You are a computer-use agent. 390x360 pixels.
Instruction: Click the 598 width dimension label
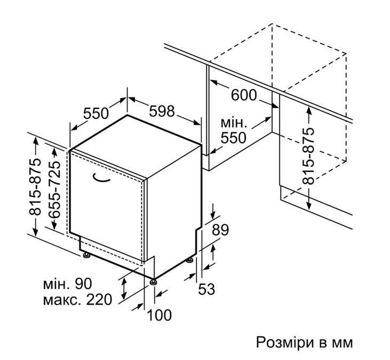click(162, 111)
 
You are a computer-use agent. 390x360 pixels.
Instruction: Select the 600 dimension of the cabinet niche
click(243, 95)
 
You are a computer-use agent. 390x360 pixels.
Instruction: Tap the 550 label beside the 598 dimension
click(95, 114)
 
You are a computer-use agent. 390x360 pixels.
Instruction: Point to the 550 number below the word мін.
click(233, 138)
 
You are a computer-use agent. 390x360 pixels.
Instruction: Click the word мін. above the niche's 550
click(234, 123)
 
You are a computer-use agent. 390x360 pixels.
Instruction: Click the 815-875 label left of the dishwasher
click(35, 187)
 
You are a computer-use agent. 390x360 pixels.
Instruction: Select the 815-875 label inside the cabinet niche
click(308, 156)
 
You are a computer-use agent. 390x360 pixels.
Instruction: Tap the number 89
click(220, 230)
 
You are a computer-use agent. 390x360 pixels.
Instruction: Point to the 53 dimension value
click(206, 289)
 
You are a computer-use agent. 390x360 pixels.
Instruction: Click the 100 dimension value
click(159, 315)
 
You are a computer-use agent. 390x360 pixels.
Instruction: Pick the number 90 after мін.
click(83, 284)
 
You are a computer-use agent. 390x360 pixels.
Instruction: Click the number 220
click(99, 300)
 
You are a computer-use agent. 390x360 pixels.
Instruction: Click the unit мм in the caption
click(343, 343)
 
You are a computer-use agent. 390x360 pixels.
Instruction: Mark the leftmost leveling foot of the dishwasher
click(86, 255)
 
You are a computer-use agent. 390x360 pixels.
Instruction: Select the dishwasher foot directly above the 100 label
click(153, 283)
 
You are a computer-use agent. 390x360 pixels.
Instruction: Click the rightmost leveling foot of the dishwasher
click(190, 260)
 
